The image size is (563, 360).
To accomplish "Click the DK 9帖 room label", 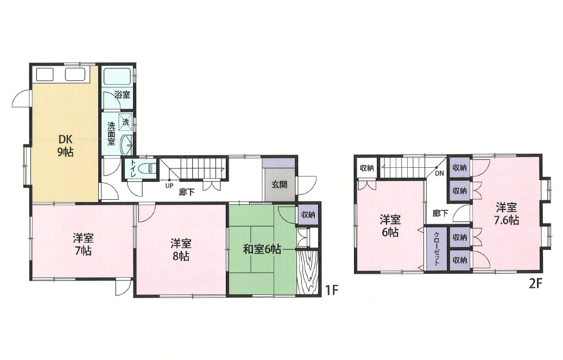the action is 65,146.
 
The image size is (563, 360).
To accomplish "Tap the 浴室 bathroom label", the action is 123,95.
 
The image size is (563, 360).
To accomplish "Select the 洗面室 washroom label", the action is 111,133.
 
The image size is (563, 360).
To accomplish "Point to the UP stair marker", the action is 169,186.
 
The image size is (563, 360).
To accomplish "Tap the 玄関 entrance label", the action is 279,185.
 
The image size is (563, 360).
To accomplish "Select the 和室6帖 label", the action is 262,249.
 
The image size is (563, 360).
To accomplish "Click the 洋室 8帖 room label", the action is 181,250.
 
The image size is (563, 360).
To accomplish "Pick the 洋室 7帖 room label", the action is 83,244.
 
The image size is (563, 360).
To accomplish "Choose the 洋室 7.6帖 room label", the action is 507,213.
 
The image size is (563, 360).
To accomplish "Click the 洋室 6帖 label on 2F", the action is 390,226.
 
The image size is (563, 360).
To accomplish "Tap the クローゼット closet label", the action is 437,248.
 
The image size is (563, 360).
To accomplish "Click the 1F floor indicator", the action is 332,290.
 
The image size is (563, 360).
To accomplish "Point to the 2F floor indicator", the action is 535,284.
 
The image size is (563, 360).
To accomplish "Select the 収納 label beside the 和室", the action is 308,214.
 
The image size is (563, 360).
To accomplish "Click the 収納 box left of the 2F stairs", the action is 366,168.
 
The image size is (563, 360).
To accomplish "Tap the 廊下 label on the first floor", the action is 187,192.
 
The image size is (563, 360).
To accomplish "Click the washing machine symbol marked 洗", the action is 125,122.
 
